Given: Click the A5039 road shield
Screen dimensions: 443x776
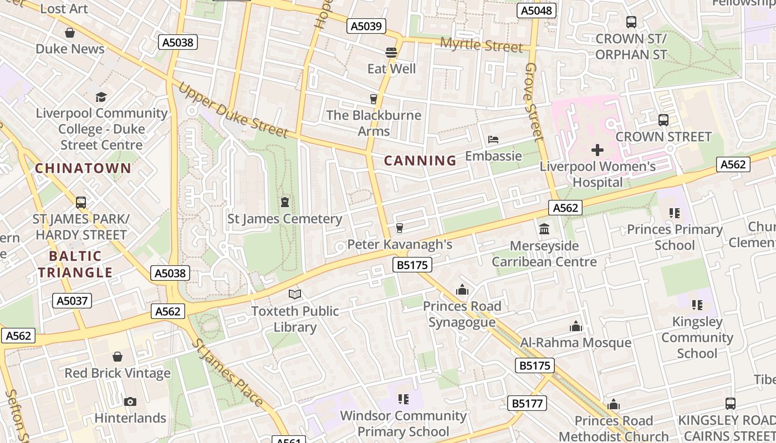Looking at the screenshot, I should coord(366,26).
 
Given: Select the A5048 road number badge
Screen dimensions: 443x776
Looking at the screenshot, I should coord(537,11).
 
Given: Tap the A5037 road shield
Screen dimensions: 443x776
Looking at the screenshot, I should coord(72,301).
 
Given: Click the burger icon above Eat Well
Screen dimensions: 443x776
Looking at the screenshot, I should coord(391,53).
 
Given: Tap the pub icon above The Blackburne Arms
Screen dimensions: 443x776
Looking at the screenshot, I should coord(374,99).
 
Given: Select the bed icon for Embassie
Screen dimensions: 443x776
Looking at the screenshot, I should coord(493,140).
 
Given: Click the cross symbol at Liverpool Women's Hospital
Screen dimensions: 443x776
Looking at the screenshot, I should coord(597,150).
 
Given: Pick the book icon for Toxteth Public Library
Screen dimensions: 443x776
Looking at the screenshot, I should coord(295,295).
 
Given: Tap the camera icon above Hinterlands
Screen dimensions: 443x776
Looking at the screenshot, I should coord(130,401).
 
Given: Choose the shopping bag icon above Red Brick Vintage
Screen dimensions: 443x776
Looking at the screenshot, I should coord(118,357).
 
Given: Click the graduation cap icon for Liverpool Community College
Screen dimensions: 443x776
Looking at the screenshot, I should coord(101,97).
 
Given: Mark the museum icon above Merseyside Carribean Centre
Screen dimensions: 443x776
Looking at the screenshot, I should coord(544,229).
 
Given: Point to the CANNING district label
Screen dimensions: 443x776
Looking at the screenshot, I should coord(420,161).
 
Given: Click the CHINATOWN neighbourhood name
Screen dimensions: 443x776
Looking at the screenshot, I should coord(84,168).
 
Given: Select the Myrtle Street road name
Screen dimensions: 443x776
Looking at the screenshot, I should coord(481,45).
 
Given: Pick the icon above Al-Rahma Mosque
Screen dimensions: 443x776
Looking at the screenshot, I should coord(576,327).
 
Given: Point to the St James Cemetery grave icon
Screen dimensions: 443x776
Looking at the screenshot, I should coord(285,202).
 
